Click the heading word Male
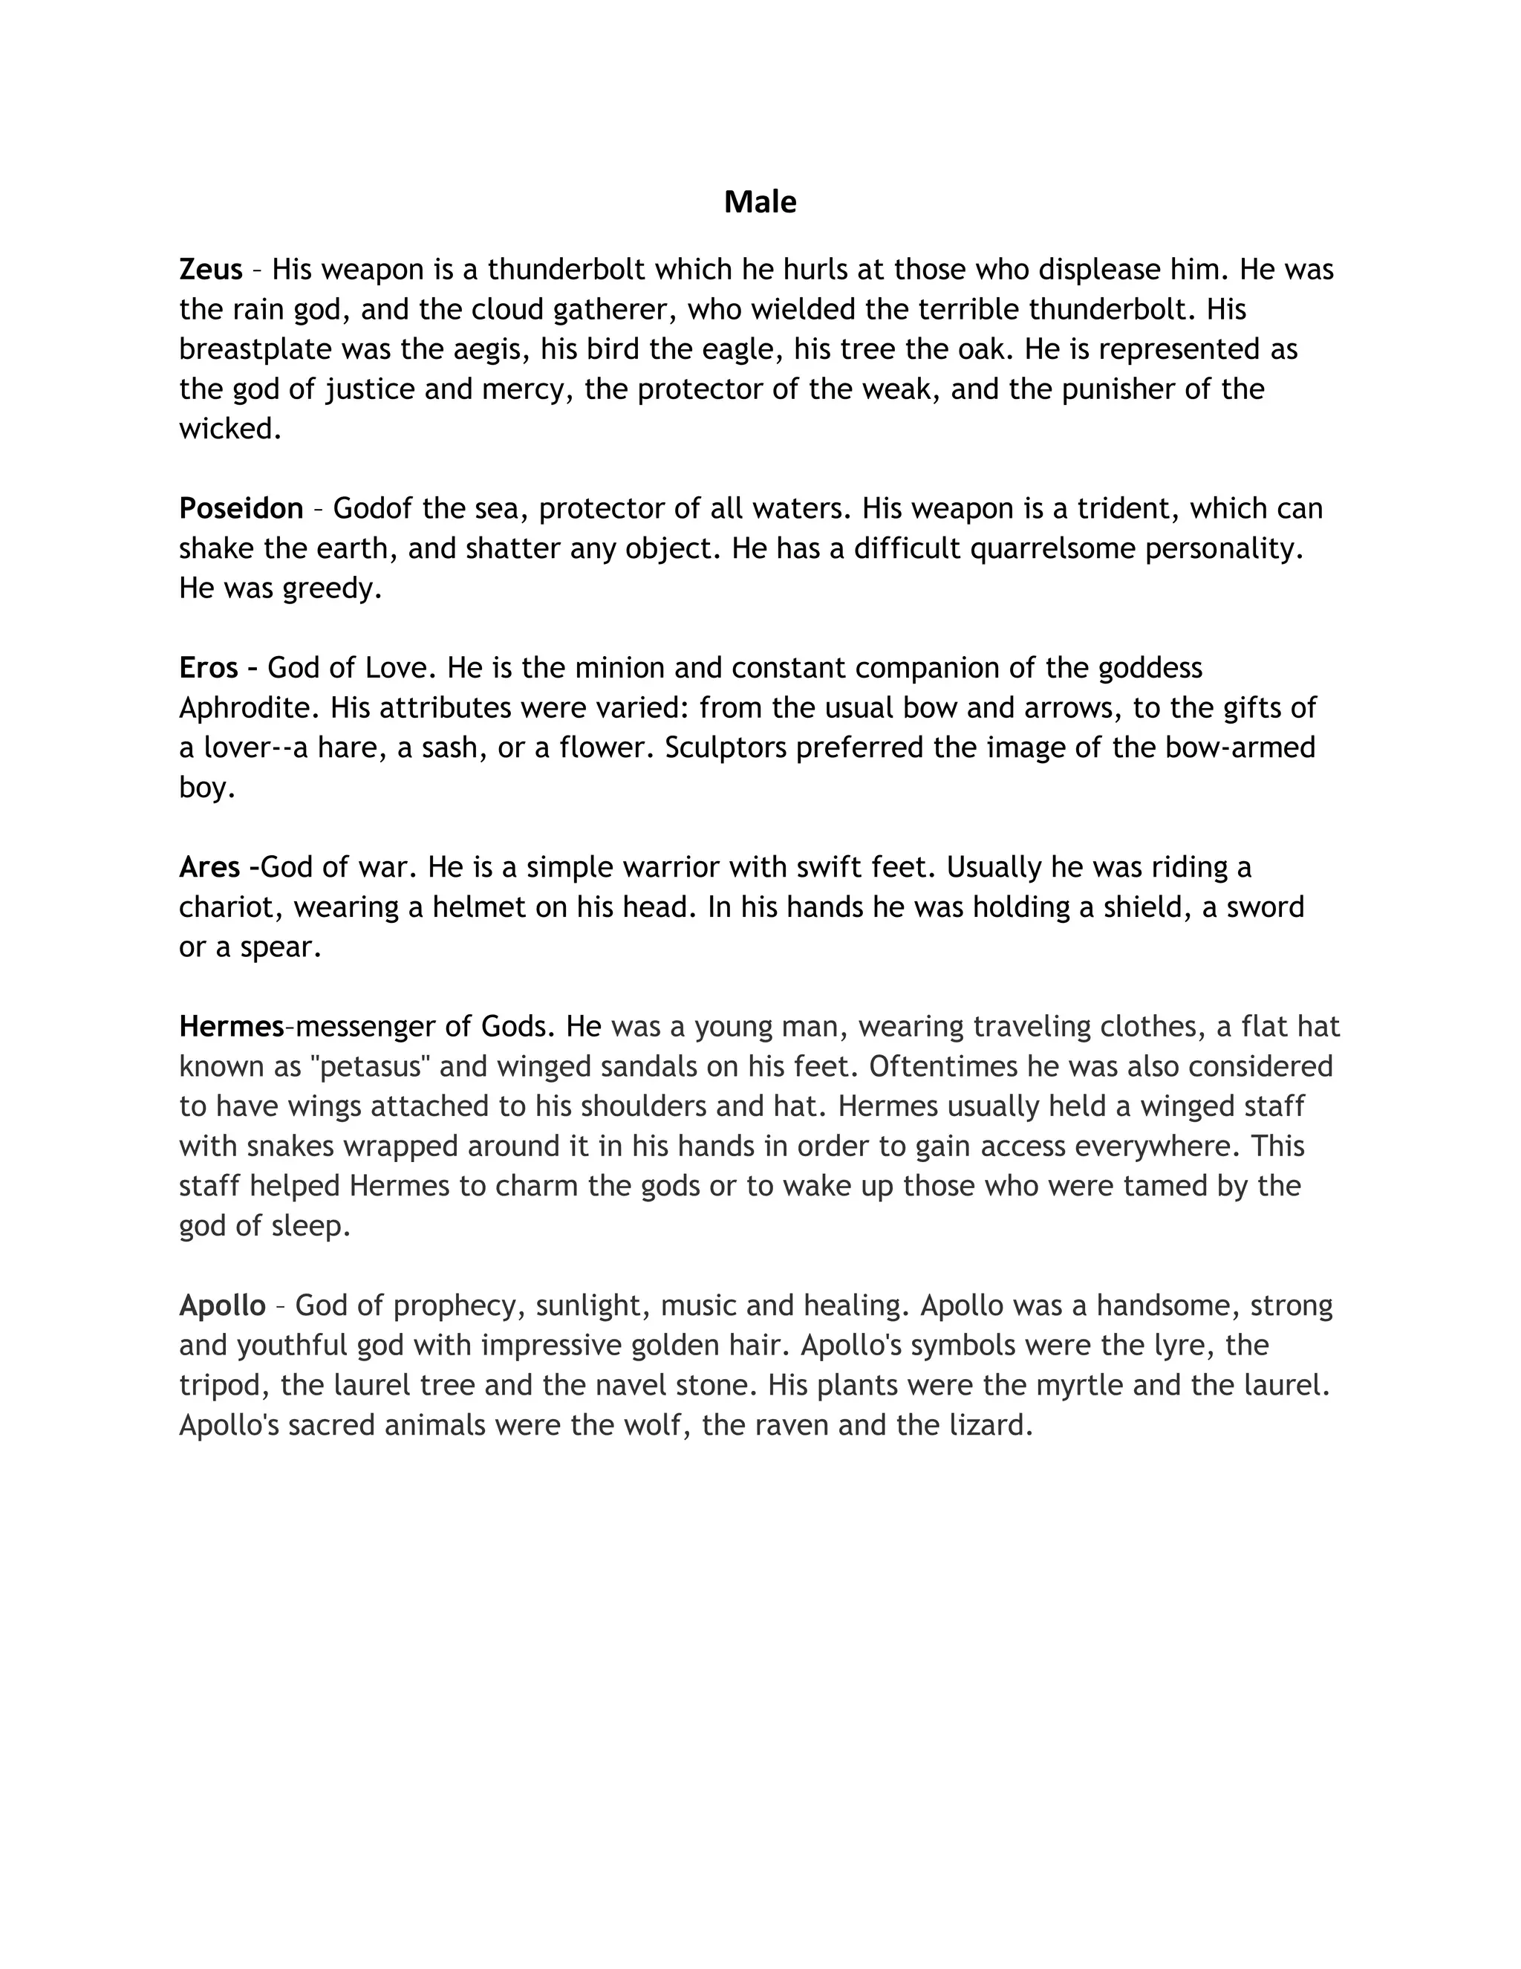click(x=760, y=202)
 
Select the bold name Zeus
click(x=211, y=270)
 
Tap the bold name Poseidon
click(x=241, y=508)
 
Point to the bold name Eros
click(x=208, y=668)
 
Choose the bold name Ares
click(x=209, y=867)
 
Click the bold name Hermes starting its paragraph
click(x=232, y=1026)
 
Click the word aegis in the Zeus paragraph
click(x=489, y=350)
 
